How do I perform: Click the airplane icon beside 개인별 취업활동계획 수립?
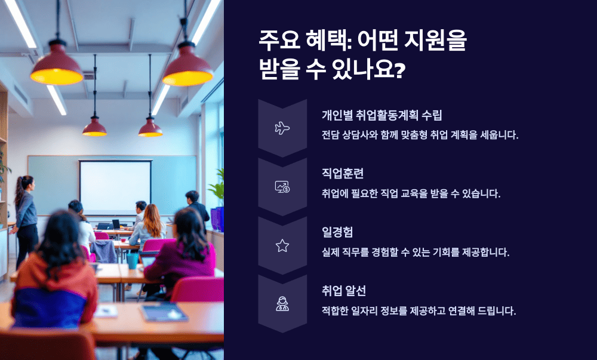[x=282, y=128]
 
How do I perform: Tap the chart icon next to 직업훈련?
[x=282, y=187]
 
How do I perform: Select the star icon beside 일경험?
[x=282, y=245]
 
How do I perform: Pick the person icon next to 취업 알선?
[x=282, y=304]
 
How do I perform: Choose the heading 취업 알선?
[x=344, y=291]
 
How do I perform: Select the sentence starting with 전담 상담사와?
[x=420, y=135]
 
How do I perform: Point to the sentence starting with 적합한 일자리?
[x=418, y=310]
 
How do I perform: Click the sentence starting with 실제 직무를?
[x=415, y=252]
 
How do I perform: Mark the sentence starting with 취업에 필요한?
[x=411, y=193]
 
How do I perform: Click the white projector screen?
[x=115, y=187]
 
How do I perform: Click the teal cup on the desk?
[x=132, y=260]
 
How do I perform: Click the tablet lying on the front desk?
[x=164, y=312]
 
